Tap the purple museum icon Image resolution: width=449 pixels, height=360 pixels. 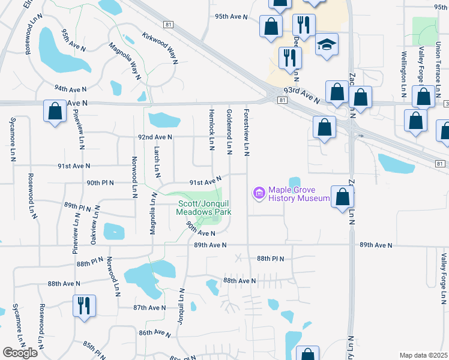coord(259,193)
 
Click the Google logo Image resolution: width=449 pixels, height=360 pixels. coord(20,353)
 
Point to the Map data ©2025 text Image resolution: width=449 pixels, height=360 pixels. coord(423,355)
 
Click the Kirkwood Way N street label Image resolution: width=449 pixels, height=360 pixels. coord(160,49)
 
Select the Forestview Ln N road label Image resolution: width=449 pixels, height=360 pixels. coord(246,130)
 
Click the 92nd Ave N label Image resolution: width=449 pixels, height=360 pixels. coord(155,137)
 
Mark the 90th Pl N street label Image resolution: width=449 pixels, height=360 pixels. coord(100,182)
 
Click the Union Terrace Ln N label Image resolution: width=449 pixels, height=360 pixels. coord(439,65)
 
